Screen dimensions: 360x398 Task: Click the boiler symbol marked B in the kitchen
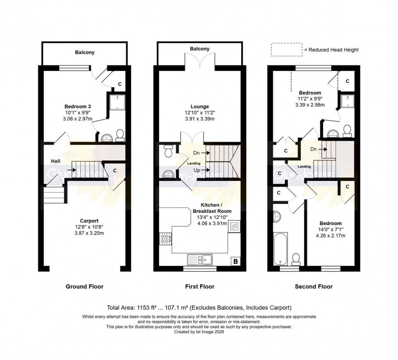click(236, 262)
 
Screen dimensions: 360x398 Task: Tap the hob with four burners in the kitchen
click(165, 238)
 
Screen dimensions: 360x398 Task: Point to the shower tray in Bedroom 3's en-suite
click(115, 101)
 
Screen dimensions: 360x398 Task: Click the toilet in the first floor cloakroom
click(168, 151)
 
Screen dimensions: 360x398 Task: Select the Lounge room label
click(200, 106)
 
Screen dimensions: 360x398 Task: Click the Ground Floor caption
click(84, 287)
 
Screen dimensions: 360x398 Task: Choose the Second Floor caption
click(313, 287)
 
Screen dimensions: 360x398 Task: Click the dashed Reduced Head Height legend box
click(286, 50)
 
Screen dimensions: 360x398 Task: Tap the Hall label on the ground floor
click(55, 161)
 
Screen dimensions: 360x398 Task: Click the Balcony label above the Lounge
click(200, 49)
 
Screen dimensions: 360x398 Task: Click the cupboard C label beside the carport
click(115, 170)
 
